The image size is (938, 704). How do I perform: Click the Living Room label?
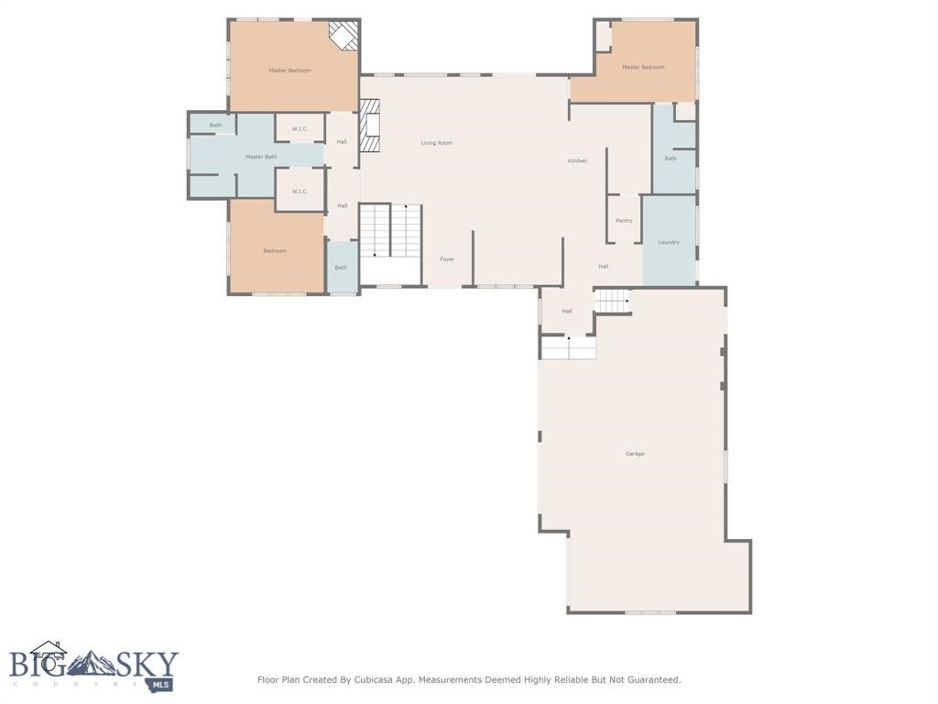pyautogui.click(x=436, y=143)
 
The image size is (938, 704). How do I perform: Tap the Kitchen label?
pyautogui.click(x=577, y=161)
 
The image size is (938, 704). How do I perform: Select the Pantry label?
pyautogui.click(x=624, y=221)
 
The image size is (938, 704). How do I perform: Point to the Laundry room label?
pyautogui.click(x=669, y=242)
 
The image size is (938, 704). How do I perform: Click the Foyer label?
pyautogui.click(x=447, y=259)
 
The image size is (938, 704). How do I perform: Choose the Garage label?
pyautogui.click(x=635, y=454)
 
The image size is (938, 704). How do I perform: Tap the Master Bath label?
pyautogui.click(x=260, y=157)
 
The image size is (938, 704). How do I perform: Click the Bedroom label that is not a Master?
pyautogui.click(x=275, y=251)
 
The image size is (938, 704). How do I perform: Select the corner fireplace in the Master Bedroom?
pyautogui.click(x=344, y=35)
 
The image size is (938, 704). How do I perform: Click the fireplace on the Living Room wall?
pyautogui.click(x=369, y=125)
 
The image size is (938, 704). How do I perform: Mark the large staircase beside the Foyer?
pyautogui.click(x=390, y=231)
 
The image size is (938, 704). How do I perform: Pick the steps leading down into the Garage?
pyautogui.click(x=568, y=348)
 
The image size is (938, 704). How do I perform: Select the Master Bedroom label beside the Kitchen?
pyautogui.click(x=643, y=67)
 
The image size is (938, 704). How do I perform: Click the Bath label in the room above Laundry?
pyautogui.click(x=671, y=159)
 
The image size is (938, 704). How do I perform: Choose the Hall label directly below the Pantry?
pyautogui.click(x=603, y=267)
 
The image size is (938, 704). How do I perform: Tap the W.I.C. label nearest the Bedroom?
pyautogui.click(x=300, y=192)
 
